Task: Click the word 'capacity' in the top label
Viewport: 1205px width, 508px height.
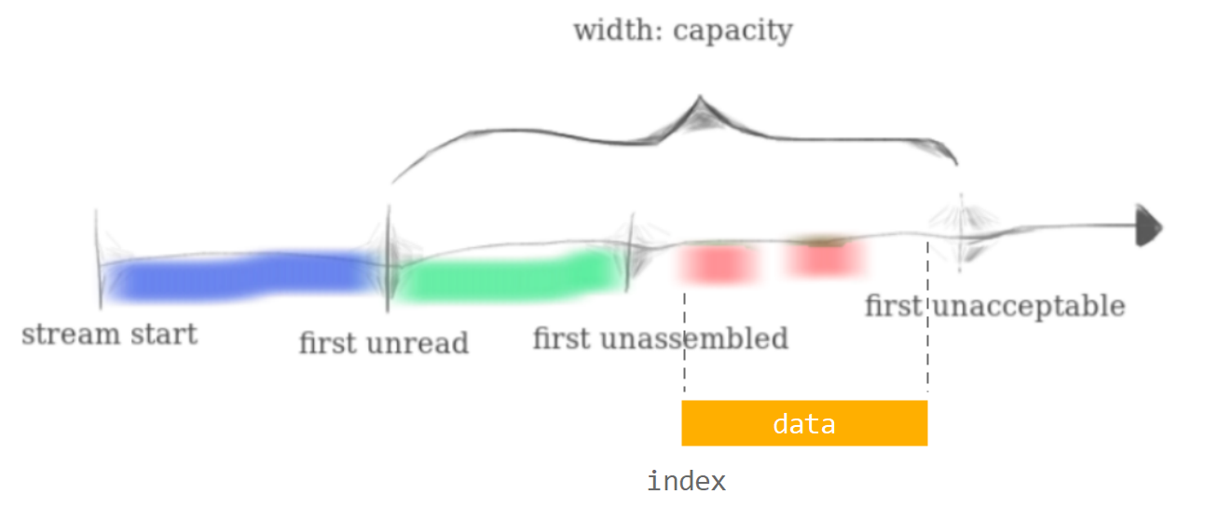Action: [x=733, y=32]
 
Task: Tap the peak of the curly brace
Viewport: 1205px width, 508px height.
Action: [x=698, y=101]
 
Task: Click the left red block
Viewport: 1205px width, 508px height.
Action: [x=717, y=263]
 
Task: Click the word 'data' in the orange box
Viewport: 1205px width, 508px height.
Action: [x=803, y=424]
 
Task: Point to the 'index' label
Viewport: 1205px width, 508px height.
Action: [x=686, y=482]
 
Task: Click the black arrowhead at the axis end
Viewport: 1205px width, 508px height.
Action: [x=1148, y=226]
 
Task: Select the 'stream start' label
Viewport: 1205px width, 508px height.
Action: [x=109, y=335]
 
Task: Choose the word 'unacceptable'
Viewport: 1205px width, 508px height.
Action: [x=1028, y=306]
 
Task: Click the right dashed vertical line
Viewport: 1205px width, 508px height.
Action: [x=927, y=354]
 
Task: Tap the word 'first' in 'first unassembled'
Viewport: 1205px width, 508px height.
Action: [x=562, y=338]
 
